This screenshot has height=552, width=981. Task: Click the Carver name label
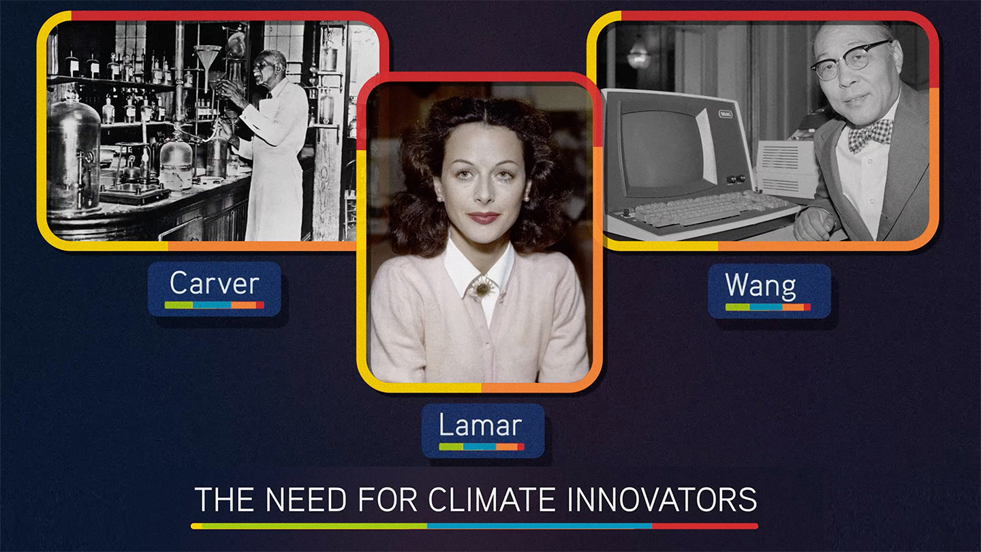[x=214, y=289]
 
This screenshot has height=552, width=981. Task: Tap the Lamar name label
[x=483, y=431]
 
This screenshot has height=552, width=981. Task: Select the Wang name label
[x=769, y=291]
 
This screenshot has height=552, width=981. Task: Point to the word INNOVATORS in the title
[x=661, y=499]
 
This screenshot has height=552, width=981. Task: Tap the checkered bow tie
[x=870, y=134]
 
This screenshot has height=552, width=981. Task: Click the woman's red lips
[x=484, y=217]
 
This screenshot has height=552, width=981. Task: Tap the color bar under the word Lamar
[x=481, y=447]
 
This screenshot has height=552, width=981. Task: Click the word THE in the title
[x=225, y=499]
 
